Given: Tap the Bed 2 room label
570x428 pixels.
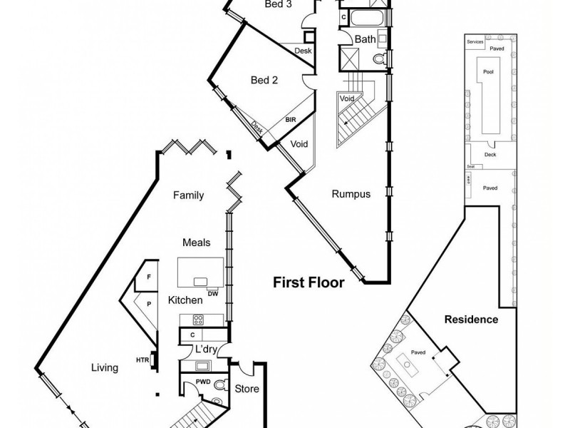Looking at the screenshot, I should click(264, 80).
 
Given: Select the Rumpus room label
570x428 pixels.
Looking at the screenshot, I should click(351, 193).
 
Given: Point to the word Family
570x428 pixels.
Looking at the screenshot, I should click(190, 195).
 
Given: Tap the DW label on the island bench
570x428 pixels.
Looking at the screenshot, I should click(213, 293).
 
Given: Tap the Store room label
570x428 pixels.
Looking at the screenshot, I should click(247, 389).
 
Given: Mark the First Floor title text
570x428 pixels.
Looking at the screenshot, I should click(309, 282).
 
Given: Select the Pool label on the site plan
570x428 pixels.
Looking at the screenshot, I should click(487, 72).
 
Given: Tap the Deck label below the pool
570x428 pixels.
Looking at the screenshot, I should click(489, 153).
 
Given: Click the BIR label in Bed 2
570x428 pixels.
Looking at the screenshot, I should click(291, 121).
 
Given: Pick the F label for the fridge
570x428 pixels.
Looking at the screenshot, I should click(148, 276).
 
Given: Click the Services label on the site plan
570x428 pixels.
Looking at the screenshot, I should click(475, 42).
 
